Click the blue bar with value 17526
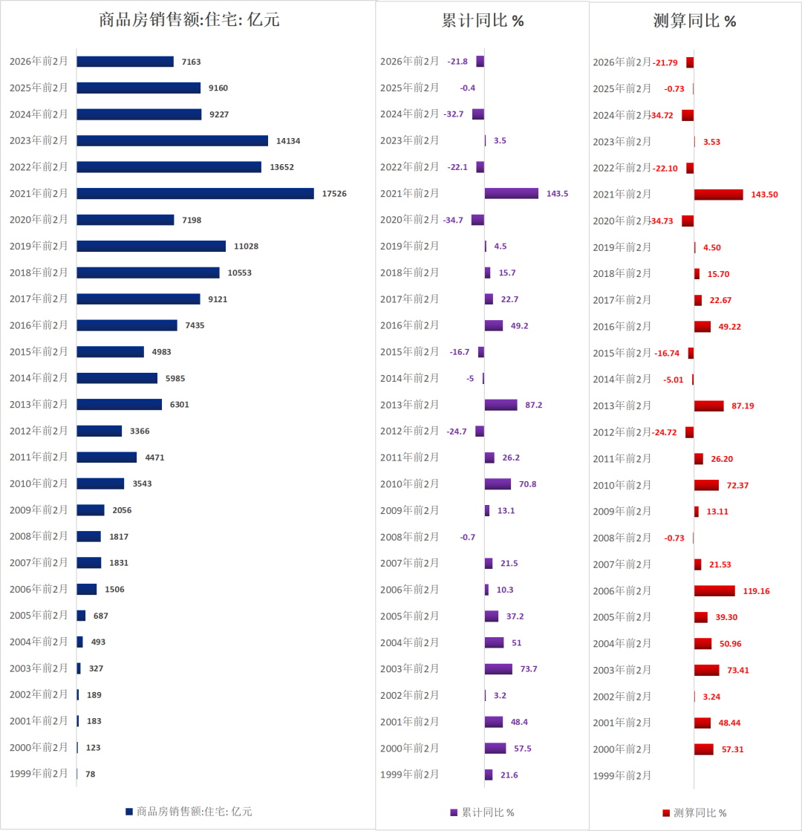[195, 193]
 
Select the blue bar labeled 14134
[172, 140]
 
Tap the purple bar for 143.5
[512, 193]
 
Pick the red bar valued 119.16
[714, 590]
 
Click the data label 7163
[191, 62]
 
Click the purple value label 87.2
[533, 405]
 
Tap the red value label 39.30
[727, 617]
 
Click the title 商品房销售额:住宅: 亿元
[189, 20]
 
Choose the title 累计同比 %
[483, 21]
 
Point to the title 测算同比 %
[694, 21]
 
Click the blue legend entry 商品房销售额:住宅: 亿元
[189, 812]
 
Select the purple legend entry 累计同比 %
[483, 812]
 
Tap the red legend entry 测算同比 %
[695, 812]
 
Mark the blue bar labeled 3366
[100, 431]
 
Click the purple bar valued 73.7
[498, 669]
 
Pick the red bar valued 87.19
[708, 405]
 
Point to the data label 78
[90, 774]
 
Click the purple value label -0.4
[468, 88]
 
